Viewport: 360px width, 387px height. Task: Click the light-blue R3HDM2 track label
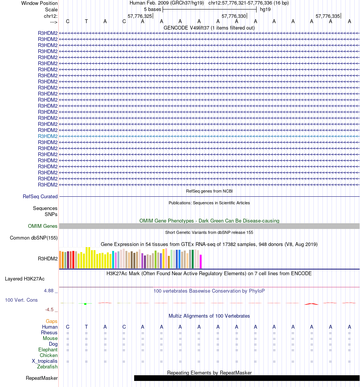click(x=48, y=136)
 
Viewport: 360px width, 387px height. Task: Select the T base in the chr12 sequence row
click(x=86, y=21)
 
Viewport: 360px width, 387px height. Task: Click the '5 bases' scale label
click(x=152, y=9)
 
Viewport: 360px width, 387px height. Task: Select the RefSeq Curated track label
click(x=40, y=197)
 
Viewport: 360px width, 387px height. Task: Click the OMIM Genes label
click(x=43, y=226)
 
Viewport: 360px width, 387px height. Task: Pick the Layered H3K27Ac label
click(x=25, y=279)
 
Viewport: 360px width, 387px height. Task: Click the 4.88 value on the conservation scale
click(x=50, y=291)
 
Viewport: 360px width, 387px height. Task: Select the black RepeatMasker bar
click(x=246, y=378)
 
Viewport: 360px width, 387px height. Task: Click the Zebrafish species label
click(x=47, y=367)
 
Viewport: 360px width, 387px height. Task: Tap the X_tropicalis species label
click(x=45, y=361)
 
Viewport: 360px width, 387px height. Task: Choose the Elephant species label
click(x=48, y=350)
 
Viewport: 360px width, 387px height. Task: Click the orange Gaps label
click(x=52, y=321)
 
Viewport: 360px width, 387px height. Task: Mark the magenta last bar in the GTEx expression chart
click(x=201, y=262)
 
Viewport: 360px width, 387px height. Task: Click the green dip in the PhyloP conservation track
click(x=86, y=304)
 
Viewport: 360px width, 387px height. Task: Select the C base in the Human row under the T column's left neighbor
click(x=68, y=327)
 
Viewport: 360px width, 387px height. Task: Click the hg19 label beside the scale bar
click(x=265, y=9)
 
